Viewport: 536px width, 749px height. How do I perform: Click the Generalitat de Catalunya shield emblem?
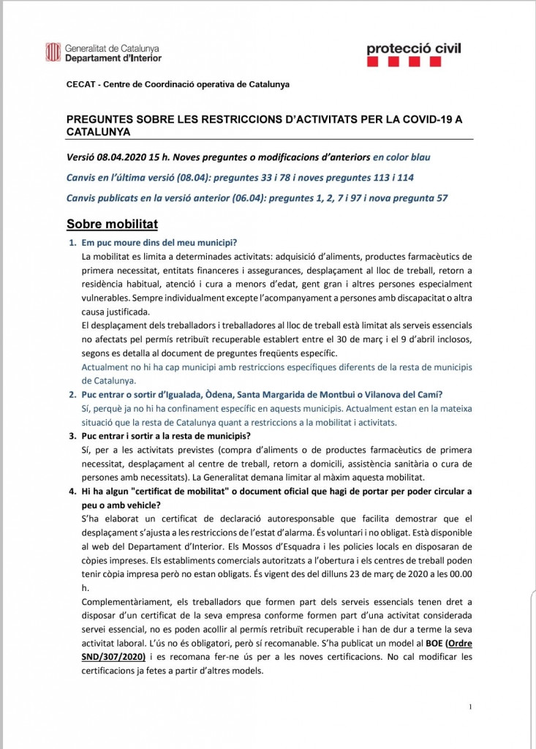click(x=53, y=52)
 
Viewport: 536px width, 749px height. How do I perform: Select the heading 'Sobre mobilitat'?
click(x=112, y=224)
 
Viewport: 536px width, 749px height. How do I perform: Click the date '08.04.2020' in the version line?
click(x=121, y=157)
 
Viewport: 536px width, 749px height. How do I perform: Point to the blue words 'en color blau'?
click(x=401, y=157)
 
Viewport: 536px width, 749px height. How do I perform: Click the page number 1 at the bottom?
click(x=470, y=707)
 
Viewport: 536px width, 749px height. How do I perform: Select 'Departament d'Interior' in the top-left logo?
click(x=113, y=58)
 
